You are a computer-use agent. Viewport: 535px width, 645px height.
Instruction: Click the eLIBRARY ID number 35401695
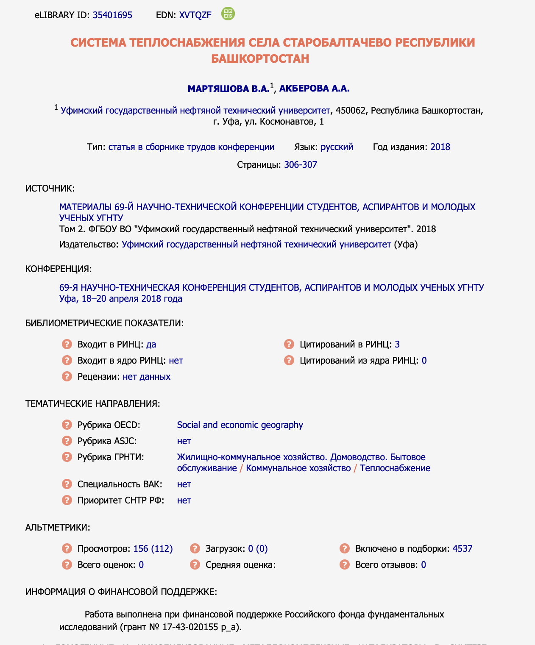(x=112, y=15)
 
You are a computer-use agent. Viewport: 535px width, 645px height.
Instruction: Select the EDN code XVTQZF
(x=195, y=15)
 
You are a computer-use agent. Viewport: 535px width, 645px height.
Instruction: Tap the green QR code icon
(x=228, y=14)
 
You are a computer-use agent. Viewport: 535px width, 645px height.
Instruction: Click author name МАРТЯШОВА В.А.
(x=228, y=89)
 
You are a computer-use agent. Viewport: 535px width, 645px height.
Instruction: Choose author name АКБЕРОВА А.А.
(x=314, y=89)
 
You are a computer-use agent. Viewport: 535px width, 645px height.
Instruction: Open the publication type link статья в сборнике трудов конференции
(x=191, y=147)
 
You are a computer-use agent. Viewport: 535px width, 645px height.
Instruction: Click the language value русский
(x=337, y=147)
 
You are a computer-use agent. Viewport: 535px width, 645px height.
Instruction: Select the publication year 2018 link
(x=440, y=147)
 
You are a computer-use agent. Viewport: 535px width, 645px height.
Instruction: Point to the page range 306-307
(x=300, y=165)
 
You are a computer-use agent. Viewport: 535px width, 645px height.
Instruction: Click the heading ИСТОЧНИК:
(x=50, y=189)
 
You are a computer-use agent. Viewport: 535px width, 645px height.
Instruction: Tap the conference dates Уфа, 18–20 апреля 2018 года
(x=121, y=299)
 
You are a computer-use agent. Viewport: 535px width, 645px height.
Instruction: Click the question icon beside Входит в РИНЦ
(x=67, y=344)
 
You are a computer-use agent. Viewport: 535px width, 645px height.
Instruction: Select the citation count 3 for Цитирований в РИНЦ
(x=397, y=345)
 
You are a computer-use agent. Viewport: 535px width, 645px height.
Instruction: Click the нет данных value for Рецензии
(x=146, y=377)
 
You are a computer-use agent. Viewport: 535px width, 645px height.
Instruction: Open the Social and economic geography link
(x=240, y=425)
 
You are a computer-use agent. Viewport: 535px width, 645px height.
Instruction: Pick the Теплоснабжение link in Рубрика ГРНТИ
(x=395, y=468)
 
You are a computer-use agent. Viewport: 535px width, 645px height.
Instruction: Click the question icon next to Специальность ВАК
(x=67, y=484)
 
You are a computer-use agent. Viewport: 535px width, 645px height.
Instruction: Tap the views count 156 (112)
(x=153, y=549)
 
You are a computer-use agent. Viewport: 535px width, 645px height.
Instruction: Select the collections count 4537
(x=462, y=549)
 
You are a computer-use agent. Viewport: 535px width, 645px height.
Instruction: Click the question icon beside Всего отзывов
(x=345, y=564)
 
